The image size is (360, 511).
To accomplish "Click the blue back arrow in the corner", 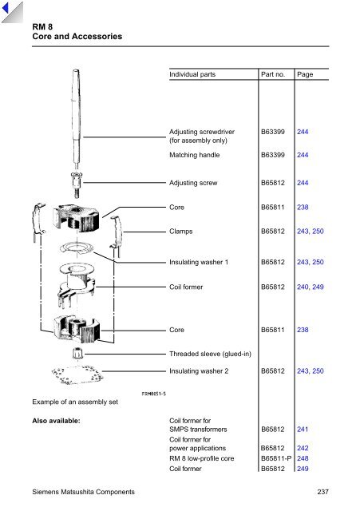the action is point(6,8).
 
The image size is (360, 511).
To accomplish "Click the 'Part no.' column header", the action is point(273,74).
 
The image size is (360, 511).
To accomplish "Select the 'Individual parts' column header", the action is point(192,74).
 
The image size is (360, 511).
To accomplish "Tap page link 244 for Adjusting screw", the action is point(303,183).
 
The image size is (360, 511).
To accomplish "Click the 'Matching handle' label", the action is point(194,155).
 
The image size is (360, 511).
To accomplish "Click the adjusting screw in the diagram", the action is point(76,184).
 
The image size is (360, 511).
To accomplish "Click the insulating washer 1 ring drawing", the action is point(77,248).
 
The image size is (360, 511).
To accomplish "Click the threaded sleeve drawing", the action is point(77,353).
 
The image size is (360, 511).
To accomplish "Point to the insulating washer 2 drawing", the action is point(77,375).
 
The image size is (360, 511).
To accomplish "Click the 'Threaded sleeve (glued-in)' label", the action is point(210,354).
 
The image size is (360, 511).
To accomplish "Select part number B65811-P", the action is point(276,458).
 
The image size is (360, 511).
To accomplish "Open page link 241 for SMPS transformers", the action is point(303,430).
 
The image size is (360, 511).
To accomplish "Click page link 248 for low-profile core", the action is point(303,458).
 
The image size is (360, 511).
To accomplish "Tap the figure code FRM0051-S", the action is point(154,394).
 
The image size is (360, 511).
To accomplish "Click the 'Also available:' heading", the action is point(56,421).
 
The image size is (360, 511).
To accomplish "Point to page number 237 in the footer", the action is point(322,492).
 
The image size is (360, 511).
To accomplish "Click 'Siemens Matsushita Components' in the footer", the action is point(83,492).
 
